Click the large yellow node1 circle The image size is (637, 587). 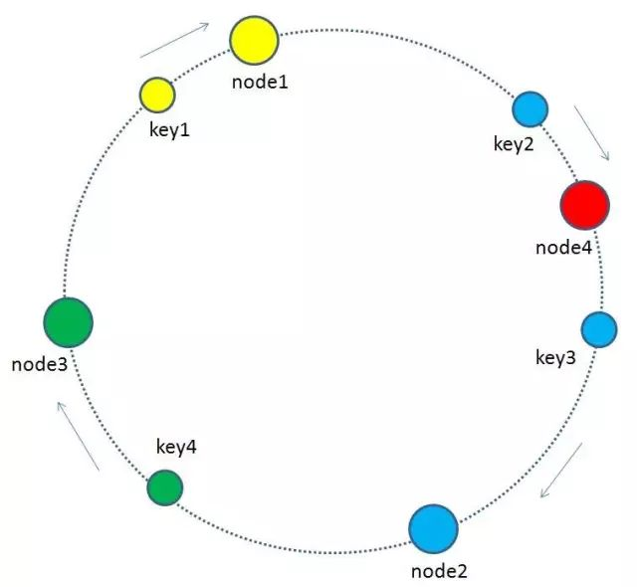pyautogui.click(x=255, y=40)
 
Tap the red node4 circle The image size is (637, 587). pyautogui.click(x=585, y=205)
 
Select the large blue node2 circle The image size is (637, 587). pyautogui.click(x=434, y=529)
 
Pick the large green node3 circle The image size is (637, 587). pyautogui.click(x=69, y=322)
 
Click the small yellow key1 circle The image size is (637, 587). pyautogui.click(x=157, y=95)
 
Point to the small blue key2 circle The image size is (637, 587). pyautogui.click(x=531, y=109)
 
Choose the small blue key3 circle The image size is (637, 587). pyautogui.click(x=599, y=329)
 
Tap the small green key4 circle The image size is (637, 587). pyautogui.click(x=165, y=488)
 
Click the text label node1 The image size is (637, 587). pyautogui.click(x=260, y=82)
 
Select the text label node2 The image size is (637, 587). pyautogui.click(x=439, y=571)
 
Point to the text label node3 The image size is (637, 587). pyautogui.click(x=40, y=364)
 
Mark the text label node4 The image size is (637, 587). pyautogui.click(x=564, y=248)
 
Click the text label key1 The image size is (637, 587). pyautogui.click(x=170, y=130)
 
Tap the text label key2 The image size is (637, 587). pyautogui.click(x=514, y=143)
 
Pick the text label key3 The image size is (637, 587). pyautogui.click(x=555, y=358)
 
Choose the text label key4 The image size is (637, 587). pyautogui.click(x=176, y=447)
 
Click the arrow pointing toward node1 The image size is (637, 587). pyautogui.click(x=174, y=40)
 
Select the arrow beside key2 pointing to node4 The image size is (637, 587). pyautogui.click(x=591, y=133)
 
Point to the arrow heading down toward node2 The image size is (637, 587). pyautogui.click(x=561, y=470)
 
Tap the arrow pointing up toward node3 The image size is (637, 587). pyautogui.click(x=78, y=436)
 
